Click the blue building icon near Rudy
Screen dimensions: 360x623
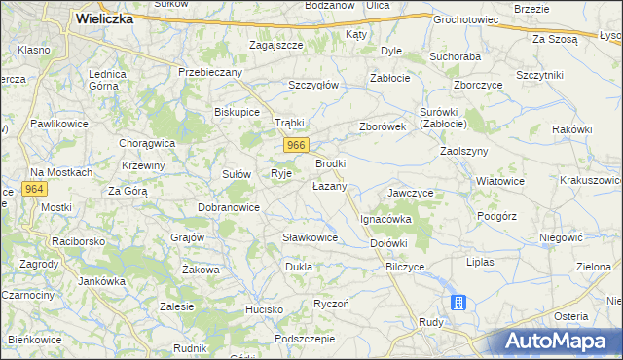[458, 303]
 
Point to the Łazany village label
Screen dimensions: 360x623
[329, 186]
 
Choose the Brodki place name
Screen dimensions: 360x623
[331, 163]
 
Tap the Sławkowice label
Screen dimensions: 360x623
[310, 237]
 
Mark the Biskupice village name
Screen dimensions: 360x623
[237, 112]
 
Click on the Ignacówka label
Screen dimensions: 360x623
[386, 220]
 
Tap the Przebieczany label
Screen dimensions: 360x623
[208, 72]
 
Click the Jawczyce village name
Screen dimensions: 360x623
[411, 193]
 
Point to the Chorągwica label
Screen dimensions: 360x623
[147, 143]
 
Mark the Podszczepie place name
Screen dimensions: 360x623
[305, 339]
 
